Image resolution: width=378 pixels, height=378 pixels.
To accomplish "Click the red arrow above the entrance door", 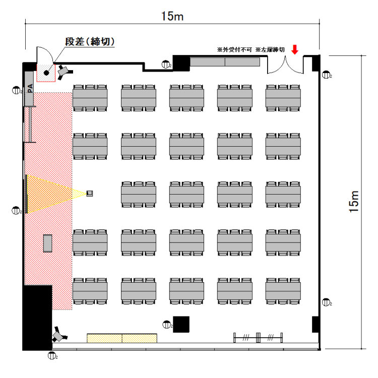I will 295,49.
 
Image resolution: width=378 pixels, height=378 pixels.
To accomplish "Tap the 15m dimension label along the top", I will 172,16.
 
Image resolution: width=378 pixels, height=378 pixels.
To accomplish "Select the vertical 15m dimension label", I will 355,202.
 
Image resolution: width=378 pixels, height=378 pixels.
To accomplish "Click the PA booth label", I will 29,89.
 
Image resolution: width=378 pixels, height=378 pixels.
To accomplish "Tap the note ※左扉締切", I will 271,50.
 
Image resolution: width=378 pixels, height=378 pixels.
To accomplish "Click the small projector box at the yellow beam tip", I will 90,193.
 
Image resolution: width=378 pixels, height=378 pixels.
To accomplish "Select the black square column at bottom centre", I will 181,324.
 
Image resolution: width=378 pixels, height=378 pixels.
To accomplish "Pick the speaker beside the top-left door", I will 64,71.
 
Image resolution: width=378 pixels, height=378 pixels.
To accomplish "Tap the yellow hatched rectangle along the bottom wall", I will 121,338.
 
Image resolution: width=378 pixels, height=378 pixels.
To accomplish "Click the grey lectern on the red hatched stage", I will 48,243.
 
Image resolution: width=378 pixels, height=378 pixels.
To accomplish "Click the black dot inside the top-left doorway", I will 46,73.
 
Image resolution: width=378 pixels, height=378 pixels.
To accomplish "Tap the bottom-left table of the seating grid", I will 90,292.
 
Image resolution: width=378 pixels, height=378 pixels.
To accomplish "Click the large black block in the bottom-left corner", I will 37,318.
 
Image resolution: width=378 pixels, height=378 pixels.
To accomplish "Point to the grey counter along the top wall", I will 225,62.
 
